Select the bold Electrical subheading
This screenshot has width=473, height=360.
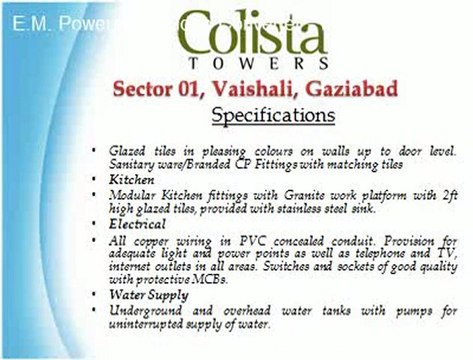click(x=139, y=225)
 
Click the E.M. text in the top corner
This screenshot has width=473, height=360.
click(x=31, y=21)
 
